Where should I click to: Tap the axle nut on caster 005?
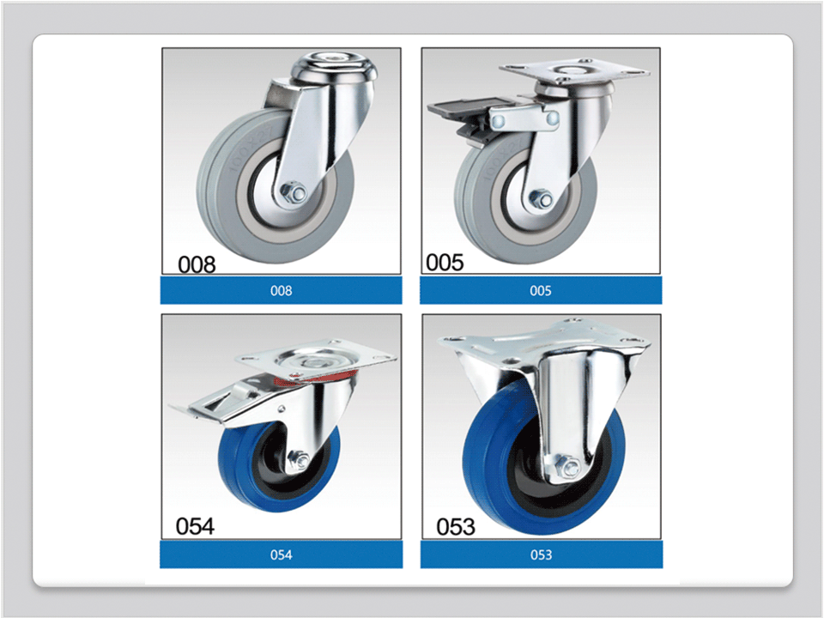pos(541,199)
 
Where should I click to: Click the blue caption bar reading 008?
pos(282,291)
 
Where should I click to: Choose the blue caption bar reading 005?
pos(541,291)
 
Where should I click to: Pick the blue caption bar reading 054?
pos(282,555)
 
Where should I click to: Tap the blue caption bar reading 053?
pos(542,555)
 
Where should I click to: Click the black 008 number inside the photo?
pos(197,264)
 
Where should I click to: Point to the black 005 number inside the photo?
pos(445,263)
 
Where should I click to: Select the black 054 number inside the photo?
pos(195,526)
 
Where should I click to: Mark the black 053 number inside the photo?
pos(456,526)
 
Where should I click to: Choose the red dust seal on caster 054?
pos(315,377)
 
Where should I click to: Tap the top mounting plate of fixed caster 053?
pos(544,341)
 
